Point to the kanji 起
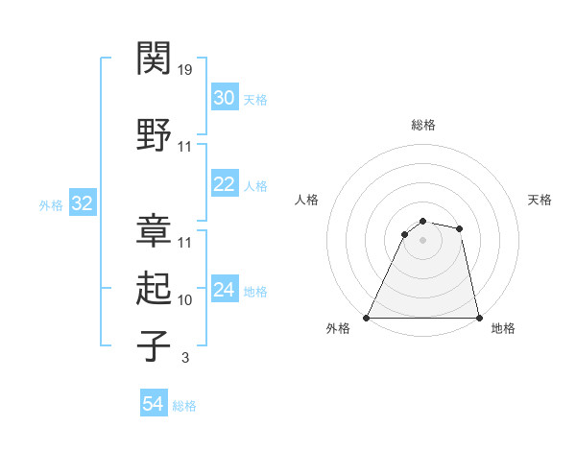point(155,288)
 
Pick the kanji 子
point(155,345)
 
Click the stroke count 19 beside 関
point(185,70)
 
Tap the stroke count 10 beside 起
point(185,300)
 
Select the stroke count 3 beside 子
point(184,359)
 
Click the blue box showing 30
point(224,98)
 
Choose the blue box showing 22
point(224,184)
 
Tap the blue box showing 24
point(224,290)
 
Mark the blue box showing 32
point(82,203)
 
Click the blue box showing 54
point(153,405)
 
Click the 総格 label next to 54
point(184,406)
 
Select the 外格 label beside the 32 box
point(51,204)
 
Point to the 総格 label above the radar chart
point(422,125)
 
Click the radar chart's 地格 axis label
point(503,328)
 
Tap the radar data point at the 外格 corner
point(367,318)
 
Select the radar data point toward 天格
point(460,228)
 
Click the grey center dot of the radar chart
point(422,240)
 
